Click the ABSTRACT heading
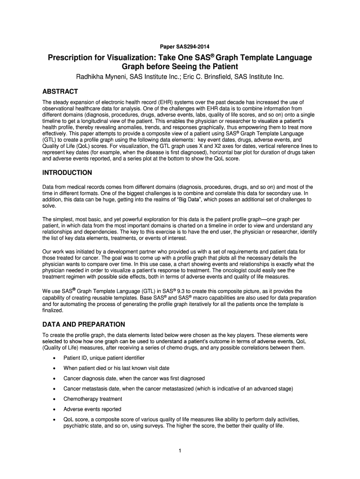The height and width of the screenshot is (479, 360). point(60,91)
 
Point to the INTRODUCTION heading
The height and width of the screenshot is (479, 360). point(67,173)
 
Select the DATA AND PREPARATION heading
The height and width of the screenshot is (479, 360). point(84,324)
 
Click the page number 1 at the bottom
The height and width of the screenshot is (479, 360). point(180,450)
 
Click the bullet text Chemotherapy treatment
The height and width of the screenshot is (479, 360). point(93,399)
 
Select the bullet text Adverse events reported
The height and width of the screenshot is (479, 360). point(92,409)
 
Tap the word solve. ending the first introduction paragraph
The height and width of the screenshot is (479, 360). point(49,206)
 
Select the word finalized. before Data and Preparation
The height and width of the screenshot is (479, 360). point(53,310)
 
